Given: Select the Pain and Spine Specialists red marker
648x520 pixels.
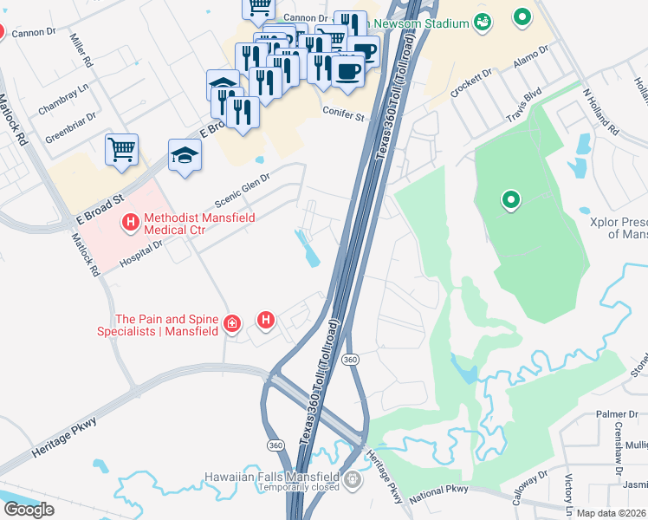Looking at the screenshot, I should click(231, 324).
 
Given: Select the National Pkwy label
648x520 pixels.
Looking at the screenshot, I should click(439, 489).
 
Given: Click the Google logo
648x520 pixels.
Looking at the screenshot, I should click(29, 510).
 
